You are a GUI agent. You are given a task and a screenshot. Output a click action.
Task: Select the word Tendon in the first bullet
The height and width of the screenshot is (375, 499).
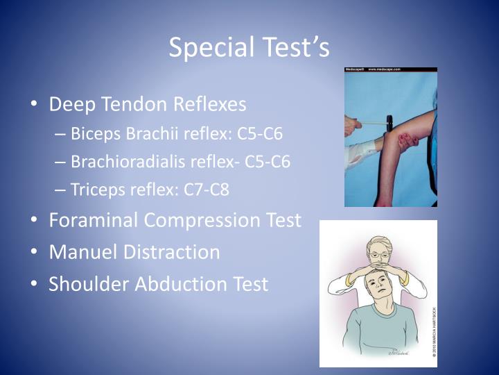click(x=136, y=104)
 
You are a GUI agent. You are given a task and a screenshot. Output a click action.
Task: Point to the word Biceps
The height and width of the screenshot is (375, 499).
click(x=93, y=134)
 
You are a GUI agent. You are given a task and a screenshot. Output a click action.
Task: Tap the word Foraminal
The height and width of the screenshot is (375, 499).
click(x=94, y=220)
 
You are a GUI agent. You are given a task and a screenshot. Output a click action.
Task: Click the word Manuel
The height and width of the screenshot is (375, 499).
click(x=78, y=251)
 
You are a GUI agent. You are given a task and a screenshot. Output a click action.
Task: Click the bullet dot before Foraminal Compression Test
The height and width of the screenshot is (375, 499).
click(x=35, y=221)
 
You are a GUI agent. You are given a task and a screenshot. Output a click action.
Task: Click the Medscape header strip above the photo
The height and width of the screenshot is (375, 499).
click(x=391, y=70)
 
